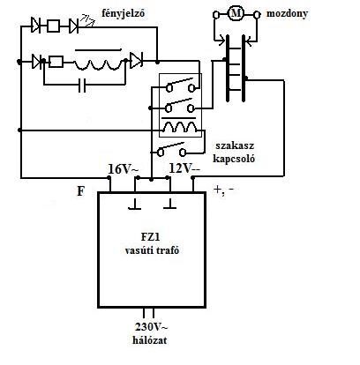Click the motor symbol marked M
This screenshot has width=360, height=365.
point(236,13)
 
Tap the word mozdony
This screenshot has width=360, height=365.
point(287,14)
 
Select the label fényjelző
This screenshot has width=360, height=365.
point(124,13)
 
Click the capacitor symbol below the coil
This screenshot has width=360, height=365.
point(82,86)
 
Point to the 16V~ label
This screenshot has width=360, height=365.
point(123,169)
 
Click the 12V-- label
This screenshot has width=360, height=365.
point(184,168)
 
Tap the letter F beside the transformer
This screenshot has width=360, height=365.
point(80,191)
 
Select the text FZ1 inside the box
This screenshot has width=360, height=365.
point(152,237)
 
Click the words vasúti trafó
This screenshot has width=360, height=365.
point(152,250)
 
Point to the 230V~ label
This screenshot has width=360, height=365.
point(152,327)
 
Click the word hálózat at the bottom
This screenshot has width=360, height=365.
point(150,340)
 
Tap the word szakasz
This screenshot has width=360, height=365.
point(235,145)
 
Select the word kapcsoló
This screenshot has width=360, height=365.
point(234,159)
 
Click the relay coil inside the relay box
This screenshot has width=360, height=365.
point(180,127)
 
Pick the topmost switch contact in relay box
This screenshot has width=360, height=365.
point(181,85)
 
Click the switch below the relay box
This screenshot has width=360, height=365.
point(172,149)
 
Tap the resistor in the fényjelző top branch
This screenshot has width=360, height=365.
point(54,26)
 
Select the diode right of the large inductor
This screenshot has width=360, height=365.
point(136,61)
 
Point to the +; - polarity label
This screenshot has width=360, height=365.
point(224,190)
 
